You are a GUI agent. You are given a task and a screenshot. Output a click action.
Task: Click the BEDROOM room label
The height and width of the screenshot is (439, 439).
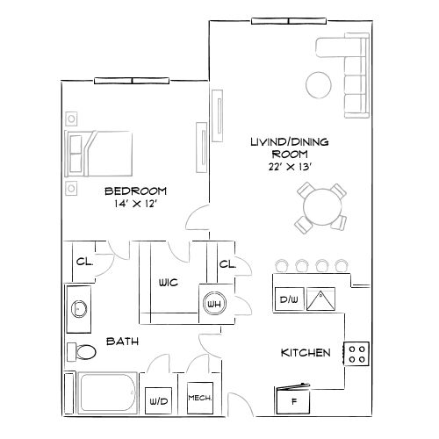[x=136, y=191]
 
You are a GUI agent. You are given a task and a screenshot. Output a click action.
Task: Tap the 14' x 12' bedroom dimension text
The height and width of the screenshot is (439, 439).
[x=136, y=205]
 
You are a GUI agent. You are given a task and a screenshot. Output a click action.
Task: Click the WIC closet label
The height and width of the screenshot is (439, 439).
[x=169, y=284]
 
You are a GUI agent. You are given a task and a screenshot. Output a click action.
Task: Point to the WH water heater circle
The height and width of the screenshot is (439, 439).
[x=213, y=304]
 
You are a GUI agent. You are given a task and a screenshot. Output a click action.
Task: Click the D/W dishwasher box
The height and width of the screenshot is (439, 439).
[x=288, y=300]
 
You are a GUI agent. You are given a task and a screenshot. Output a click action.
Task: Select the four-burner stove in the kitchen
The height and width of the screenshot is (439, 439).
[x=357, y=354]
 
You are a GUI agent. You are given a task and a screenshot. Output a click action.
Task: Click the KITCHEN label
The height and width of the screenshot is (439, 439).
[x=305, y=353]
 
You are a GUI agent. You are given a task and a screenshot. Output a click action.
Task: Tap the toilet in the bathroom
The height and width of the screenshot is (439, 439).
[x=83, y=353]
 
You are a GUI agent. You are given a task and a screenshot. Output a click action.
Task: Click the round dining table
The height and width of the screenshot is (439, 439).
[x=318, y=207]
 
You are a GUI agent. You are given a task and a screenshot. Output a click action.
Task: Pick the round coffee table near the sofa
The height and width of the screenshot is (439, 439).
[x=318, y=84]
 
